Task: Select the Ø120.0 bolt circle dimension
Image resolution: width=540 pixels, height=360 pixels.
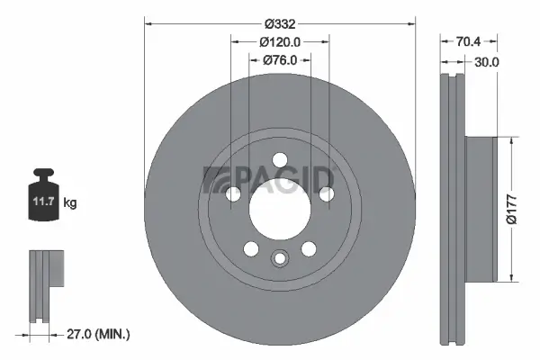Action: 279,41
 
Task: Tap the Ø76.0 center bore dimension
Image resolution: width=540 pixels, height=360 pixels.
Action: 279,60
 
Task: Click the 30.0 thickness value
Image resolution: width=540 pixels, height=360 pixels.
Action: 487,61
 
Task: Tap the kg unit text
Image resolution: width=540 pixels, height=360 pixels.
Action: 70,203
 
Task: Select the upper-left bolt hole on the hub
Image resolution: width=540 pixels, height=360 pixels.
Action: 233,193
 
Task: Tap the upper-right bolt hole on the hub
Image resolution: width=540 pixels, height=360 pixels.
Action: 326,193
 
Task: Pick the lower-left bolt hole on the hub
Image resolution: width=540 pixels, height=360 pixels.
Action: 251,249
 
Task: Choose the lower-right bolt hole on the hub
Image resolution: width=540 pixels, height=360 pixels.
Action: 308,249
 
